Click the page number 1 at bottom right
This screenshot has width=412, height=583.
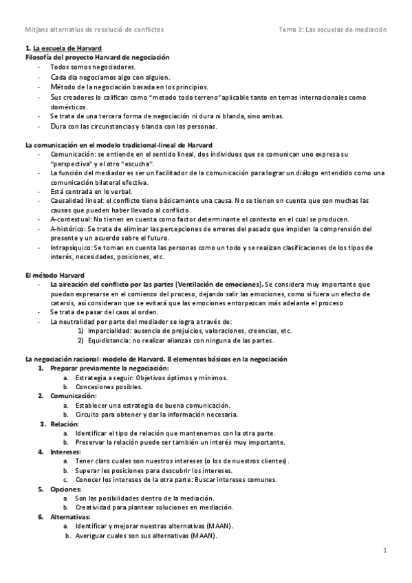(386, 550)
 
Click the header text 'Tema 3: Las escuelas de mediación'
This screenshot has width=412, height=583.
(333, 30)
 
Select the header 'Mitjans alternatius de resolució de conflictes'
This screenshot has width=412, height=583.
(94, 30)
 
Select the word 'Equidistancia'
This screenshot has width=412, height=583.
(108, 340)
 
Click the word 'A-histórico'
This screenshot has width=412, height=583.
(68, 228)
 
